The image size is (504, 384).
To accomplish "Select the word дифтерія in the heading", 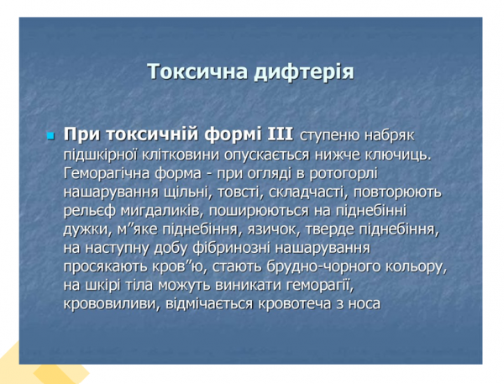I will [304, 71].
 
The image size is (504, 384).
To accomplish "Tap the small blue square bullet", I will [50, 135].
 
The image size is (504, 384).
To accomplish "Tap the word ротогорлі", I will [347, 173].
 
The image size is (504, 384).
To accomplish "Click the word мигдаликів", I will [158, 210].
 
